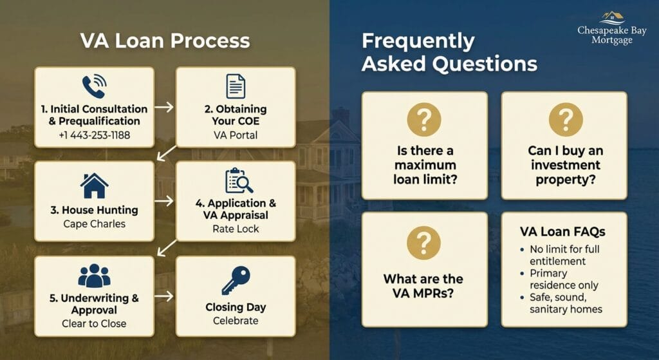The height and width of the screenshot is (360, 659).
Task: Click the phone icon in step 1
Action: click(94, 86)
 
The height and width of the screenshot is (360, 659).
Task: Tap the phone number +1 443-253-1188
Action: click(94, 135)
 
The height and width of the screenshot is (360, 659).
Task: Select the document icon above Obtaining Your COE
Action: click(236, 86)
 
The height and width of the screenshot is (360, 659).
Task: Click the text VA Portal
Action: click(236, 135)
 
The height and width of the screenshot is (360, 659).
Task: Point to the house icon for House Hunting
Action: click(94, 185)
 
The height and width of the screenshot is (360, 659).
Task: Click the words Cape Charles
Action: click(94, 223)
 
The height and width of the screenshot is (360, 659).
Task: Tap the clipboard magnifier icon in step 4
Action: click(239, 180)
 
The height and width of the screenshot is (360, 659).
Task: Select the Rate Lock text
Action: click(236, 229)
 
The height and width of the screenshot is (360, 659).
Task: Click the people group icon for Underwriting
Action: click(94, 276)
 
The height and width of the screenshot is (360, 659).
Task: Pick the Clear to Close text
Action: click(94, 323)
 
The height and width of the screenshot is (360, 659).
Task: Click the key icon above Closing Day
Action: click(236, 280)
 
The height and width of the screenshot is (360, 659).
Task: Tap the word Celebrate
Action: click(236, 321)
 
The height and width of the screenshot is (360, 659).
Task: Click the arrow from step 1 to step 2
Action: click(164, 108)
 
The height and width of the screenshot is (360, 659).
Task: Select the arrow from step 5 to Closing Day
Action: click(164, 296)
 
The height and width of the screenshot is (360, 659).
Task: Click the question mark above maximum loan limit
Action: click(424, 119)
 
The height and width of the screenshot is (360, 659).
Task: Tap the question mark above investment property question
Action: click(566, 119)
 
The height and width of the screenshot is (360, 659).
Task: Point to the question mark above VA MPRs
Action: click(423, 243)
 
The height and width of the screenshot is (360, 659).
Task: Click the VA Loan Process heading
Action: click(165, 41)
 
